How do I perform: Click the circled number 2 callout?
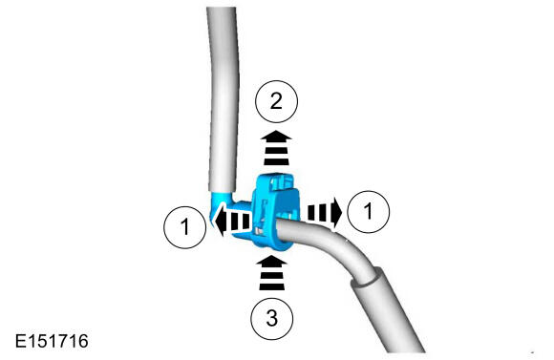[276, 101]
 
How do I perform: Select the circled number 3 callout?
[271, 318]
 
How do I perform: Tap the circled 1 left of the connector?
[184, 227]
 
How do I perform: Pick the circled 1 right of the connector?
[369, 211]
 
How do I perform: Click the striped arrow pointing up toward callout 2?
[276, 148]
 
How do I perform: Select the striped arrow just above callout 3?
[271, 273]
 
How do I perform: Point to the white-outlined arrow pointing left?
[233, 222]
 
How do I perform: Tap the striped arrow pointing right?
[325, 212]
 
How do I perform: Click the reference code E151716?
[52, 341]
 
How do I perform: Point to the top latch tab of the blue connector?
[282, 181]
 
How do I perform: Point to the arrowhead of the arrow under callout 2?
[276, 136]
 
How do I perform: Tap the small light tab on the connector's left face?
[258, 231]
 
